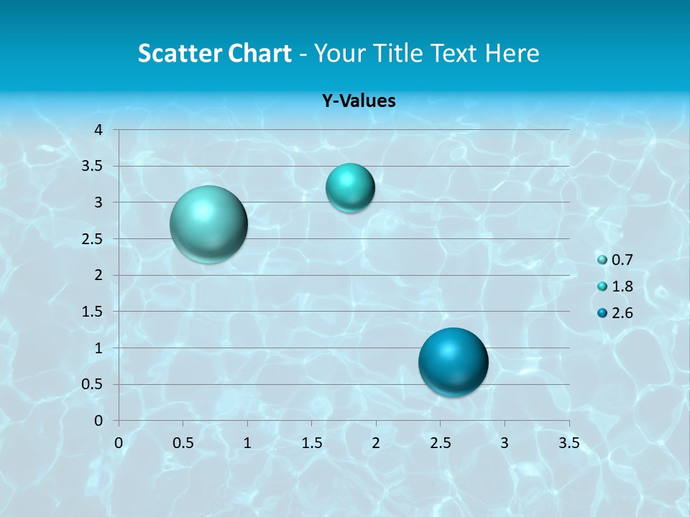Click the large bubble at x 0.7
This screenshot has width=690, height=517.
[208, 224]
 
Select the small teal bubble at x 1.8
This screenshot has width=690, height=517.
[350, 187]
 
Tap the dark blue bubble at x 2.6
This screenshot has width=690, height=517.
[453, 362]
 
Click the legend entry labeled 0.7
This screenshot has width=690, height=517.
[615, 260]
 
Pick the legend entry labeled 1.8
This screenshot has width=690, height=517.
[615, 287]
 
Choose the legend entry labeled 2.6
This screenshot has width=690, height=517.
[615, 313]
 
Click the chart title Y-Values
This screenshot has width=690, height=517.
[358, 101]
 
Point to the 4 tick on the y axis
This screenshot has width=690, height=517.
[99, 130]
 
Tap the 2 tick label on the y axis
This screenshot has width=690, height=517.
[99, 275]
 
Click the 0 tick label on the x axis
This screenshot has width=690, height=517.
[119, 443]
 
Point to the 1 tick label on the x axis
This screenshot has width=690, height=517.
[247, 443]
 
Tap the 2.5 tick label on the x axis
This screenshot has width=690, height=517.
[440, 443]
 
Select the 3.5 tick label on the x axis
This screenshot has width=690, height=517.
[569, 443]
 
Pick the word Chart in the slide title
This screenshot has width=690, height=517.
[259, 53]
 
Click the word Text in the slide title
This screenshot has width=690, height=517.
[448, 53]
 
